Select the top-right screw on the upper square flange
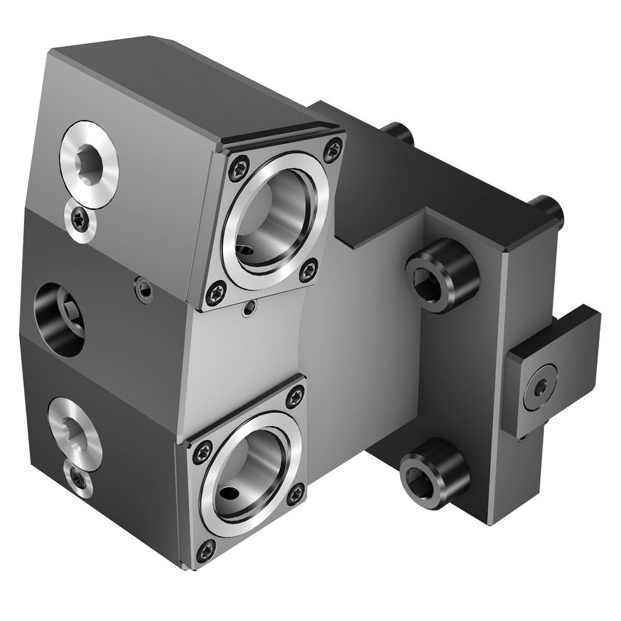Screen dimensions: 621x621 click(332, 149)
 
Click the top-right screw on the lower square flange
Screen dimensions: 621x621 click(295, 396)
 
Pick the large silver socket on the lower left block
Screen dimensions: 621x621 click(74, 429)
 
